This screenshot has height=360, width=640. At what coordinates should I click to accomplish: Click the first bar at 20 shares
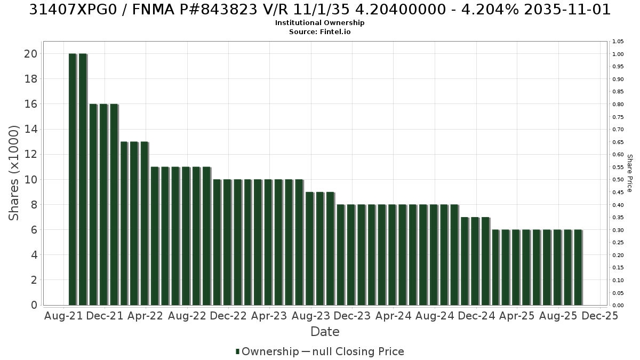coord(73,179)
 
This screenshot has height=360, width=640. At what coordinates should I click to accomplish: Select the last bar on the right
coord(578,267)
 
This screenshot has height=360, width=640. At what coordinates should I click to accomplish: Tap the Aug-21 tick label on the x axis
coord(63,316)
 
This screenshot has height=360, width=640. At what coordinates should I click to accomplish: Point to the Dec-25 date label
coord(600,316)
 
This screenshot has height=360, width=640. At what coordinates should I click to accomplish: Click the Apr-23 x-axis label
coord(269,316)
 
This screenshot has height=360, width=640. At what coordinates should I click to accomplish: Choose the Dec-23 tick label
coord(352,316)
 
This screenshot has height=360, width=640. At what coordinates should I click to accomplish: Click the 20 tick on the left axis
coord(31,54)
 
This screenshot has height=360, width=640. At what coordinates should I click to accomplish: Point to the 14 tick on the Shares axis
coord(31,129)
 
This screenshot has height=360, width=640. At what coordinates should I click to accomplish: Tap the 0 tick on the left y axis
coord(34,305)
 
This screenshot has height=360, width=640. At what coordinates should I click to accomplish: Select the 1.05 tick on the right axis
coord(618,42)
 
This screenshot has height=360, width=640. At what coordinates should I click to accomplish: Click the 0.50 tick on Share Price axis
coord(618,180)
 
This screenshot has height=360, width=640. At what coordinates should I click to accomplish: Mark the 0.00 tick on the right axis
coord(618,306)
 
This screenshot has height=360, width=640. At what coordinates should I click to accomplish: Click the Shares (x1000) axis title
coord(13,173)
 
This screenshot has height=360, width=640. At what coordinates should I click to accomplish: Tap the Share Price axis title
coord(630,173)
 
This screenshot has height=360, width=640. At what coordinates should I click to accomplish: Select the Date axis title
coord(325,332)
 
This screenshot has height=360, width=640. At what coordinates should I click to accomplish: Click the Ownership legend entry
coord(267,351)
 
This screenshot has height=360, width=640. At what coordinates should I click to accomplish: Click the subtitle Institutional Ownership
coord(319,23)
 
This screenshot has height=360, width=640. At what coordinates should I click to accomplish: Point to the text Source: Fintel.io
coord(319,31)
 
